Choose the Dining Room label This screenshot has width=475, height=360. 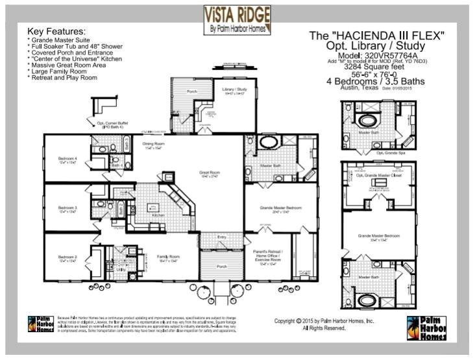point(152,145)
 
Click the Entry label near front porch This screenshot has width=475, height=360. point(222,237)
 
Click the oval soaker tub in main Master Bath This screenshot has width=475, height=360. point(267,144)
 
